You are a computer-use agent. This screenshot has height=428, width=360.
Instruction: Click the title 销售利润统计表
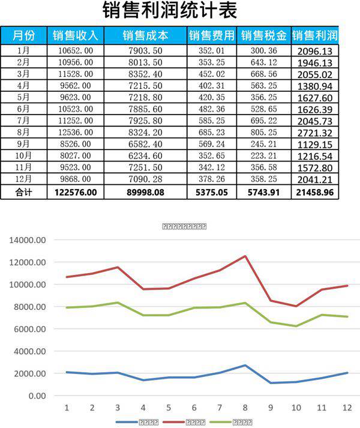pyautogui.click(x=170, y=11)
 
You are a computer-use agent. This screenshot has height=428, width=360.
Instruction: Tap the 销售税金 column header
pyautogui.click(x=263, y=35)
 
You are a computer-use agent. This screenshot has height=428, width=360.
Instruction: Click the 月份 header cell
pyautogui.click(x=23, y=35)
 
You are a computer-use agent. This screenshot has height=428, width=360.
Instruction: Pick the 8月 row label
pyautogui.click(x=23, y=132)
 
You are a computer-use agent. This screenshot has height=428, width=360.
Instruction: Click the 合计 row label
pyautogui.click(x=23, y=192)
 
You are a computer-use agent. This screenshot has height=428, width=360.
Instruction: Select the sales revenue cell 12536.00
pyautogui.click(x=76, y=132)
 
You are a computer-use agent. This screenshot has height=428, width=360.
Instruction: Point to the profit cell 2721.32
pyautogui.click(x=314, y=132)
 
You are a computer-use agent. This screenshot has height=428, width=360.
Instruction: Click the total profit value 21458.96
pyautogui.click(x=314, y=192)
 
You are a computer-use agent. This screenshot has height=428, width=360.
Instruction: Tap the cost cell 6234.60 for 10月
pyautogui.click(x=145, y=155)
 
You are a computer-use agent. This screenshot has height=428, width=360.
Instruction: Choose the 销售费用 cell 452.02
pyautogui.click(x=211, y=74)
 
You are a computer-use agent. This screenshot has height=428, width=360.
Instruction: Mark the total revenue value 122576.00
pyautogui.click(x=76, y=192)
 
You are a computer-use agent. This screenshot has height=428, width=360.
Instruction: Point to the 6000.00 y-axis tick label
pyautogui.click(x=29, y=329)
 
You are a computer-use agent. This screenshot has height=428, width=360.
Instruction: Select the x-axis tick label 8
pyautogui.click(x=245, y=408)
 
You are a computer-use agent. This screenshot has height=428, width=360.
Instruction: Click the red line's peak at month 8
pyautogui.click(x=245, y=256)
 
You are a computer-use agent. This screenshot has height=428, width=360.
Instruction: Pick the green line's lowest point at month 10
pyautogui.click(x=296, y=326)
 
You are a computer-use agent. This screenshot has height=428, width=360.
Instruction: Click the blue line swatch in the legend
pyautogui.click(x=127, y=422)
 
